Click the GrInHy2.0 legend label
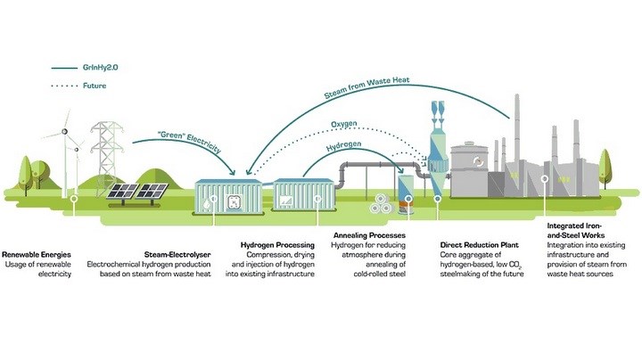tap(100, 67)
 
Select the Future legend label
tap(95, 86)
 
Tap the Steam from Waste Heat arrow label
tap(366, 87)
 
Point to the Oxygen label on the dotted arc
tap(344, 124)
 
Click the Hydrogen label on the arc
tap(344, 145)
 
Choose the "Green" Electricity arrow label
tap(189, 141)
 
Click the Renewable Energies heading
tap(37, 255)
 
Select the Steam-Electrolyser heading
tap(177, 255)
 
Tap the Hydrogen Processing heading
tap(277, 245)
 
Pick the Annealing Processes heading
tap(369, 235)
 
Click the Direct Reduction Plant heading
tap(480, 245)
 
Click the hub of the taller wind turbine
tap(64, 131)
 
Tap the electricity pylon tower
tap(106, 158)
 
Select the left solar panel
tap(122, 192)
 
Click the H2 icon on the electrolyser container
tap(235, 201)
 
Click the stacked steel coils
tap(381, 204)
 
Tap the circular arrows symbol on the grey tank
tap(478, 161)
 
